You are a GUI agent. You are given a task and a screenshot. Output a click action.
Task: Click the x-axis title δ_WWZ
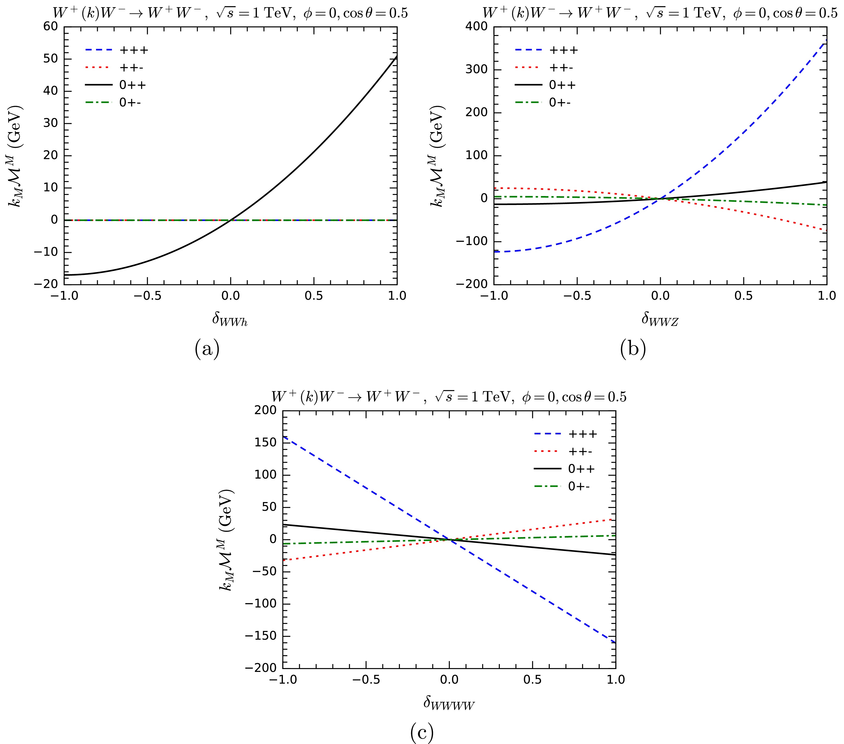point(659,319)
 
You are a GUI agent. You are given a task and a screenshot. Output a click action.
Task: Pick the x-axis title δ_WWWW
point(449,703)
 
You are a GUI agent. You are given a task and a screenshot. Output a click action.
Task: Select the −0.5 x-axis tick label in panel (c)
point(365,680)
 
